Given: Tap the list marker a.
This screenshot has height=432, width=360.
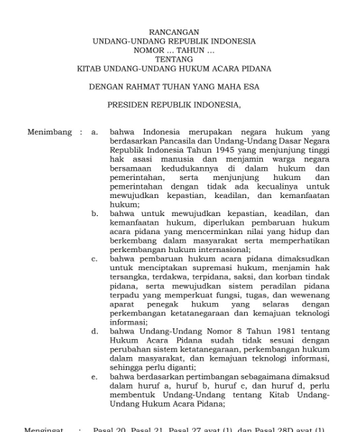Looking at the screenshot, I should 95,133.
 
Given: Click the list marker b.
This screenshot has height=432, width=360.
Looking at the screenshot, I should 95,214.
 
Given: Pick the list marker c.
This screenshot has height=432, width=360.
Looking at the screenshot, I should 95,257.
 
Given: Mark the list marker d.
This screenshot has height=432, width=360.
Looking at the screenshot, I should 95,332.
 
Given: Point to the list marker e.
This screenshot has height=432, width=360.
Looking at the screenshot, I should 95,377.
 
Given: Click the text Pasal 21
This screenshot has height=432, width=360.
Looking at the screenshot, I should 148,430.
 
